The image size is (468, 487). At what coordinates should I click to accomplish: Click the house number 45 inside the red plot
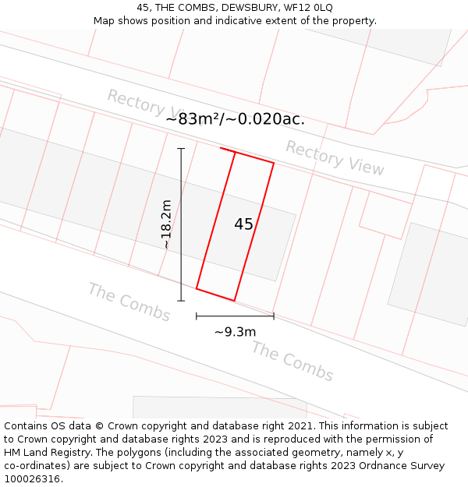[243, 224]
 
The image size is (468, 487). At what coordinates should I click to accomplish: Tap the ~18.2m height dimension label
[165, 224]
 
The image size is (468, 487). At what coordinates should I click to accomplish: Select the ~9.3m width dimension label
[235, 332]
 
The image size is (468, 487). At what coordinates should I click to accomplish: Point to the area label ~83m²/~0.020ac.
[235, 119]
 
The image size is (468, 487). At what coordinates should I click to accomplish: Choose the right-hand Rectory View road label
[335, 157]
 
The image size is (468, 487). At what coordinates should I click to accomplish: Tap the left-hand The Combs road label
[129, 302]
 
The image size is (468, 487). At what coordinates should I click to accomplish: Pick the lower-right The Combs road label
[292, 361]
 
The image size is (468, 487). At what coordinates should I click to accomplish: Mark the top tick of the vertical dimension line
[181, 148]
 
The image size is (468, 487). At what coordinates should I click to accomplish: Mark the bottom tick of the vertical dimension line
[181, 301]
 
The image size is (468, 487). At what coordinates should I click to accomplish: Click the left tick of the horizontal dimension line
[197, 316]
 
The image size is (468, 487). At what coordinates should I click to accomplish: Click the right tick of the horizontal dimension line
[274, 316]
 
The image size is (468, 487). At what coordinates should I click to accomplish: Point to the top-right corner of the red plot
[274, 163]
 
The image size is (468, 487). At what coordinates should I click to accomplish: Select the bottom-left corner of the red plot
[197, 288]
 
